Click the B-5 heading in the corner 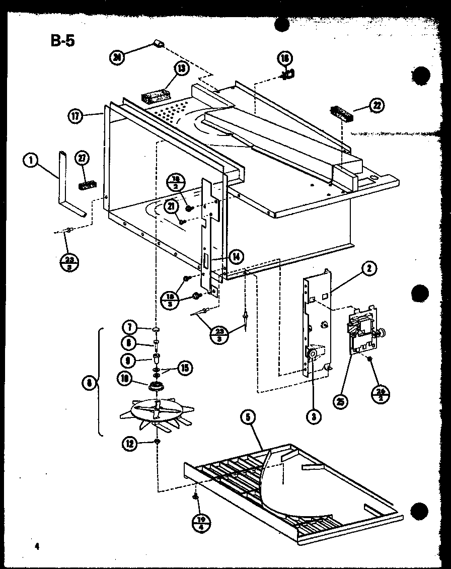tap(63, 40)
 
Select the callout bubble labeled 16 tap(285, 59)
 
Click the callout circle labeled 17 tap(75, 116)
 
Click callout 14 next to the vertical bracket tap(236, 257)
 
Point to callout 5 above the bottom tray tap(248, 416)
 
